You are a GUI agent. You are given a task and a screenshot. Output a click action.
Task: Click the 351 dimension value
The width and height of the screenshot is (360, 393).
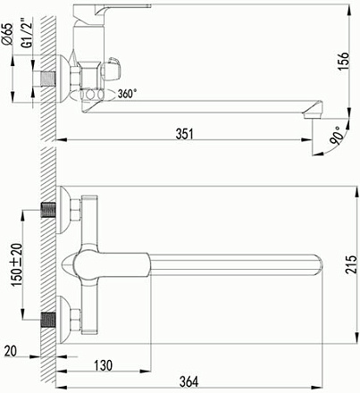(x=184, y=134)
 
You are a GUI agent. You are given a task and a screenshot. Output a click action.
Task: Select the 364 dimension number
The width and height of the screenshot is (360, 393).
(x=189, y=381)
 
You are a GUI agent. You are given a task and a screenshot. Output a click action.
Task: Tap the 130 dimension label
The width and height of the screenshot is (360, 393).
(x=104, y=365)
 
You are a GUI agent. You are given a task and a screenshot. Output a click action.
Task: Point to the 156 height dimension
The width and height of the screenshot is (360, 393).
(x=343, y=61)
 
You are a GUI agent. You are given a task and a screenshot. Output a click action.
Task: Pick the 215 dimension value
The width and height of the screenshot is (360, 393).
(x=351, y=264)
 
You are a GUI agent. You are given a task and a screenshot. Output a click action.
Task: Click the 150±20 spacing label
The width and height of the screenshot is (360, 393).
(x=17, y=265)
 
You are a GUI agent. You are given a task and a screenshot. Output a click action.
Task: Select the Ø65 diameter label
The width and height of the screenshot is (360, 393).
(x=9, y=34)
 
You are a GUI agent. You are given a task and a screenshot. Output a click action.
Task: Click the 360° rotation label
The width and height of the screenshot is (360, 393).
(x=128, y=94)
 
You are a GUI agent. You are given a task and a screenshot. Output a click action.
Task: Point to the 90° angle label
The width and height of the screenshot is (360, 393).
(x=336, y=135)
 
